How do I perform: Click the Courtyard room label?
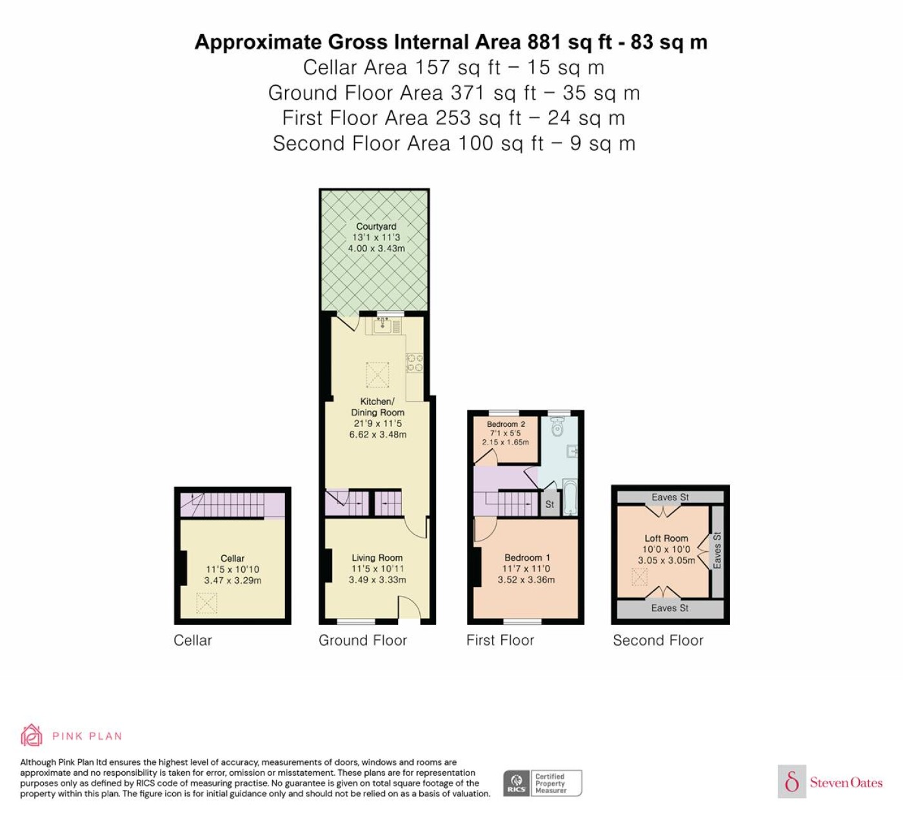[376, 226]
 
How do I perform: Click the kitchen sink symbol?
[382, 324]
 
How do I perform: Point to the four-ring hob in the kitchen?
[415, 363]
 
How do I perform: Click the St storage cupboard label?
[549, 504]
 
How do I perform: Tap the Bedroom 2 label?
[506, 424]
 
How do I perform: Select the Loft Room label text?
[666, 538]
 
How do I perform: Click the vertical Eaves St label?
[717, 550]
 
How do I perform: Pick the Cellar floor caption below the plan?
[193, 640]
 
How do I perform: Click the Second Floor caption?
[658, 640]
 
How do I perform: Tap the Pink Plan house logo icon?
[32, 736]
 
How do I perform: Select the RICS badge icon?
[517, 784]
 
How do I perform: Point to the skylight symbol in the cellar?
[206, 603]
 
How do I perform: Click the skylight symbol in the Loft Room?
[639, 577]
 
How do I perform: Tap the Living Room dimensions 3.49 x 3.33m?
[377, 580]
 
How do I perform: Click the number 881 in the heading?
[544, 42]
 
